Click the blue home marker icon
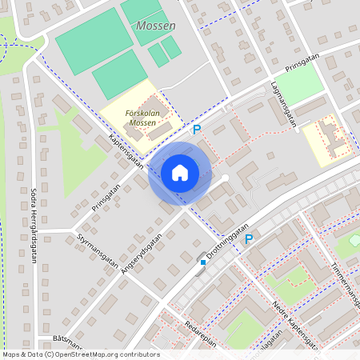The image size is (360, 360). (x=180, y=173)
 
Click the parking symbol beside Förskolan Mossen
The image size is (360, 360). (x=197, y=129)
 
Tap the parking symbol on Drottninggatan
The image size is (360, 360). (x=249, y=238)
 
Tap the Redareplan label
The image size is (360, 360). (x=199, y=340)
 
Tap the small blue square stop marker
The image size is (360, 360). (x=204, y=262)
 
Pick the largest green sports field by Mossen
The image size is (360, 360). (x=95, y=40)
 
